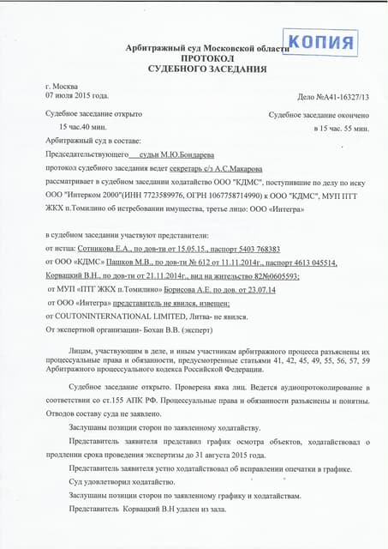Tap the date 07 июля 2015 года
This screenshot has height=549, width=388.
(x=77, y=96)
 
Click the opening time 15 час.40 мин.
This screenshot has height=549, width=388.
(x=87, y=126)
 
